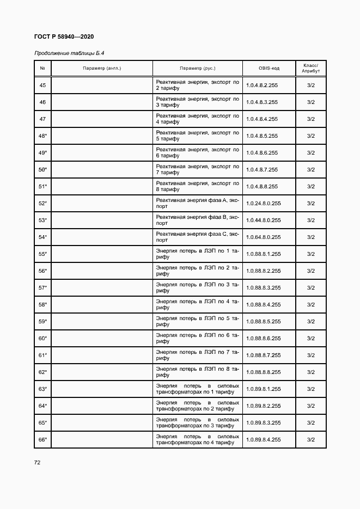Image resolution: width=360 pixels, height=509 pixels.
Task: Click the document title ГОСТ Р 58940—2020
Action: point(64,36)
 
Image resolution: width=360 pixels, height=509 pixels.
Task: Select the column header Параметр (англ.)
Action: point(102,68)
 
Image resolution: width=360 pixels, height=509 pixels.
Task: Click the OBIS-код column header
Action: point(269,68)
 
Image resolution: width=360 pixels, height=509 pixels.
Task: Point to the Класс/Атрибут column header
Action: point(310,68)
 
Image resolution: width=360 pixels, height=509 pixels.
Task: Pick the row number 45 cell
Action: point(42,85)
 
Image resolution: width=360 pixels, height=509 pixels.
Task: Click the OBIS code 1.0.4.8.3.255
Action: point(262,102)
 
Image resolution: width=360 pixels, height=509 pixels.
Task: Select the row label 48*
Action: point(42,136)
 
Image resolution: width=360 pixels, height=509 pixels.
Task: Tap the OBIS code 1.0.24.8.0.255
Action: point(264,203)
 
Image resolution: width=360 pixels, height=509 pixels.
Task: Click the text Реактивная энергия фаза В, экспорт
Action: point(197,220)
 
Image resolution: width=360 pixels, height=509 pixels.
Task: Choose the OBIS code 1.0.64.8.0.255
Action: point(264,237)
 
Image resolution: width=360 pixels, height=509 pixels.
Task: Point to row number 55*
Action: point(42,254)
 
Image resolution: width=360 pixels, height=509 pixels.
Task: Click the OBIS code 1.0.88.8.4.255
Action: point(264,304)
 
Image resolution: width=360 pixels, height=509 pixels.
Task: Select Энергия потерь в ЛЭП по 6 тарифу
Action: point(197,338)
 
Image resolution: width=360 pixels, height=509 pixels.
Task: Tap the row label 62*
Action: point(42,372)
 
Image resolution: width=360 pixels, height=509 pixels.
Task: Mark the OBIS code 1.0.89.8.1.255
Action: point(264,389)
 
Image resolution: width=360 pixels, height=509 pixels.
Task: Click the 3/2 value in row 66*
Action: point(310,439)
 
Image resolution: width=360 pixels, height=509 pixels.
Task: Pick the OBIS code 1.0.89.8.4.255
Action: point(264,439)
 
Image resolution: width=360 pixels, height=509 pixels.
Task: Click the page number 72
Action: point(38,462)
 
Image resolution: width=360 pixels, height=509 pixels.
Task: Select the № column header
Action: point(42,68)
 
